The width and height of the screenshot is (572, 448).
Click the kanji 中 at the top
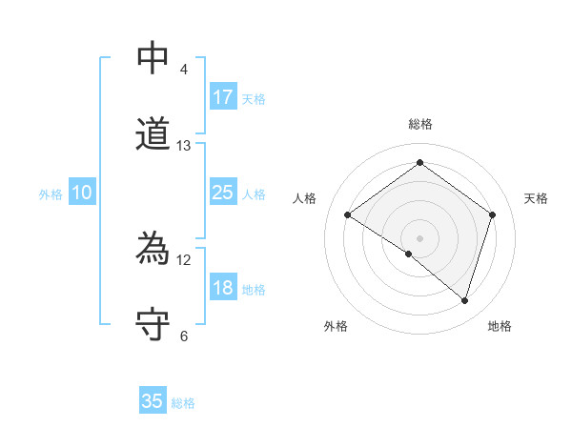[x=153, y=58]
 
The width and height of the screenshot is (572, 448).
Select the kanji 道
[x=153, y=133]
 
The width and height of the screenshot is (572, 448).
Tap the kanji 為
[x=153, y=250]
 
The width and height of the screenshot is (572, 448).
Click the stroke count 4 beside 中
[x=184, y=70]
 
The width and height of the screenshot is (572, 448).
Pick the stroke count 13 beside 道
[x=184, y=146]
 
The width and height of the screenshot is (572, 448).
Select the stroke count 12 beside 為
[x=184, y=259]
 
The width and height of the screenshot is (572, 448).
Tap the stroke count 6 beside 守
[x=184, y=336]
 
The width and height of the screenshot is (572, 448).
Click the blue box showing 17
[x=222, y=97]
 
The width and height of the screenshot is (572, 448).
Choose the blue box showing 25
[x=222, y=193]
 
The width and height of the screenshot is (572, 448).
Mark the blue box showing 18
[x=222, y=289]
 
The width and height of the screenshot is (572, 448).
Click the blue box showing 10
[x=82, y=193]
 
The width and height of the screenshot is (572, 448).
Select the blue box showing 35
[x=153, y=401]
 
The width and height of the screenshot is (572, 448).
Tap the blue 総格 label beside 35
[x=183, y=403]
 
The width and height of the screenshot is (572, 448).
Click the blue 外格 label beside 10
[x=51, y=194]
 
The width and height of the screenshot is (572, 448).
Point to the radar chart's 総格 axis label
[x=419, y=124]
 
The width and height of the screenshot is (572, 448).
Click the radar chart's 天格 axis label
[x=536, y=198]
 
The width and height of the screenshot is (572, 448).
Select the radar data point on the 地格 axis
[x=464, y=300]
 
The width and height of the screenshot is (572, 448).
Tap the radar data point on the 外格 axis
[x=409, y=254]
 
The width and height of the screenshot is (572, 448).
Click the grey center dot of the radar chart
[x=419, y=237]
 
